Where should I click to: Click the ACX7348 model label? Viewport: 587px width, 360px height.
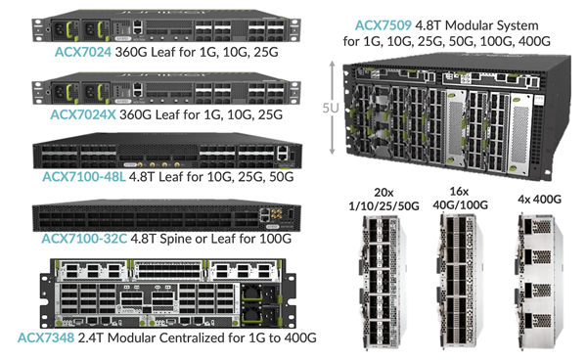[x=49, y=337]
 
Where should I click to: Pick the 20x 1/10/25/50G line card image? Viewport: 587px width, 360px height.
[x=378, y=287]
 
